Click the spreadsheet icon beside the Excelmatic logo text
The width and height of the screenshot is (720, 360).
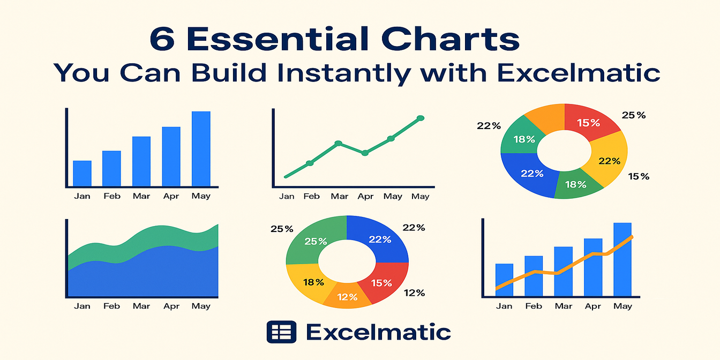(281, 332)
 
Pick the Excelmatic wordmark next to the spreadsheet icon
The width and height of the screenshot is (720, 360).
(378, 332)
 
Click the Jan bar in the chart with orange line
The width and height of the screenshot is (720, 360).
(504, 279)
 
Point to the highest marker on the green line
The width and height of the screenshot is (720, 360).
(421, 118)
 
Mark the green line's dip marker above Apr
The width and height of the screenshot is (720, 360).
(365, 153)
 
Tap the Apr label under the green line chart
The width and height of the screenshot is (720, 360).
(365, 197)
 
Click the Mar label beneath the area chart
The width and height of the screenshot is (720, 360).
(141, 306)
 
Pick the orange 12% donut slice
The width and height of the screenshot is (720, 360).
(347, 295)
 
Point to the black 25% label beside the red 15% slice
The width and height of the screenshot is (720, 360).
(633, 115)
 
